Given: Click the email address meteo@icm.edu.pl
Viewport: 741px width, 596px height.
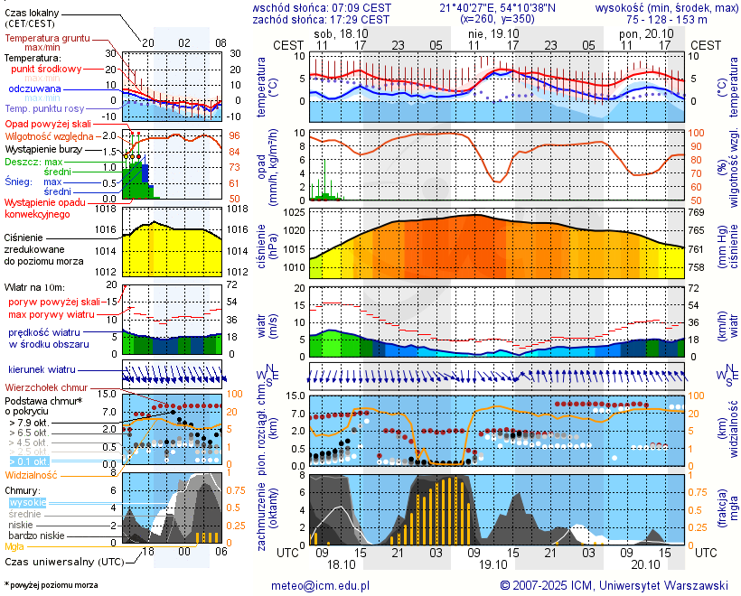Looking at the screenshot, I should (321, 586).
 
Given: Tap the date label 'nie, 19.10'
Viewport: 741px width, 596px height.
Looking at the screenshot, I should (488, 33).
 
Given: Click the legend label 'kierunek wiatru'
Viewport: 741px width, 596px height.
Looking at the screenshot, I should (42, 370).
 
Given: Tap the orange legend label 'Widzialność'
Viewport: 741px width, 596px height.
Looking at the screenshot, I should (32, 474).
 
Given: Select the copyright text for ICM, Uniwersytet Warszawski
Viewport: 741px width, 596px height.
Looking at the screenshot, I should (614, 586).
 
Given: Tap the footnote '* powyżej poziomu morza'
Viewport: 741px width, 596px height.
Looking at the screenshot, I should (51, 585).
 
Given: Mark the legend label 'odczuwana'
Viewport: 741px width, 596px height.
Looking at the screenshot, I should (35, 89).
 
